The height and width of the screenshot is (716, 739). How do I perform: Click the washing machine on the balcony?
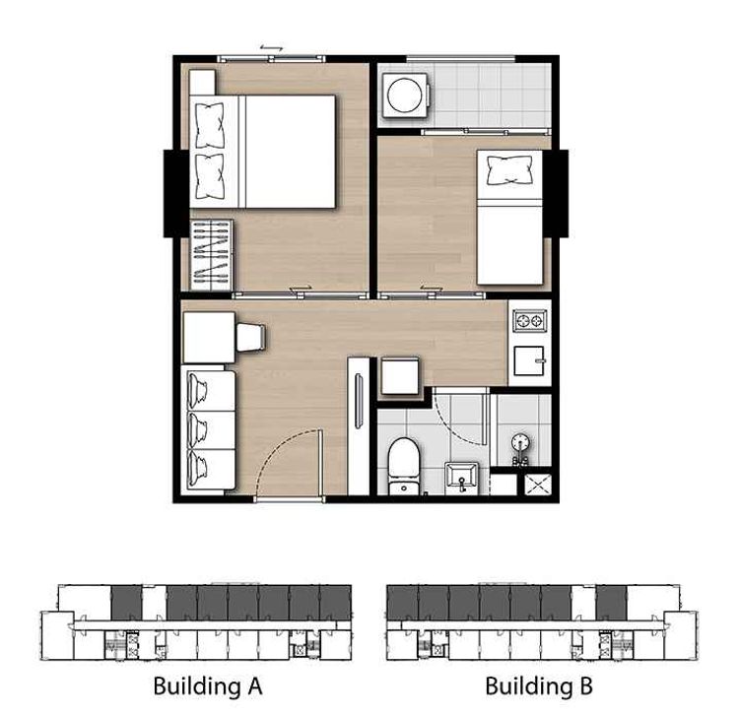(406, 96)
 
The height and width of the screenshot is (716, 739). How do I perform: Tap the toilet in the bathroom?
(404, 466)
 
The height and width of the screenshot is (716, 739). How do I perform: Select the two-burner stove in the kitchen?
(530, 321)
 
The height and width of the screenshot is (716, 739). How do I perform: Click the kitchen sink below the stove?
(530, 360)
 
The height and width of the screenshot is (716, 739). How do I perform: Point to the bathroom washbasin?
(461, 478)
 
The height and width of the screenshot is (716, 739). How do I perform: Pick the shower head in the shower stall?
(520, 444)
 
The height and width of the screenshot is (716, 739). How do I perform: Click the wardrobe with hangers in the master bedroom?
(211, 255)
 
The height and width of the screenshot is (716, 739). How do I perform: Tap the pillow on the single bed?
(510, 170)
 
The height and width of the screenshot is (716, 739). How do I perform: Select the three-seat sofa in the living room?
(209, 430)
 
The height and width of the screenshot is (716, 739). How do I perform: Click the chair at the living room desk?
(250, 337)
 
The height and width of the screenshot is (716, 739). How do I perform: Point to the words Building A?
(208, 685)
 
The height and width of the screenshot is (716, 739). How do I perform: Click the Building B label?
(539, 685)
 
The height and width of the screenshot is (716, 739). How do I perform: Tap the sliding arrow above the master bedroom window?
(272, 48)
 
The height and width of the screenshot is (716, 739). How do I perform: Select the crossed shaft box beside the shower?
(538, 485)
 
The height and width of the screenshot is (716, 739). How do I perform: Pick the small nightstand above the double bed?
(202, 83)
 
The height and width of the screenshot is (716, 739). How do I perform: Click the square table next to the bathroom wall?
(400, 376)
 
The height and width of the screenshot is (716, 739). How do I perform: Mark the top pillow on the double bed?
(210, 126)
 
